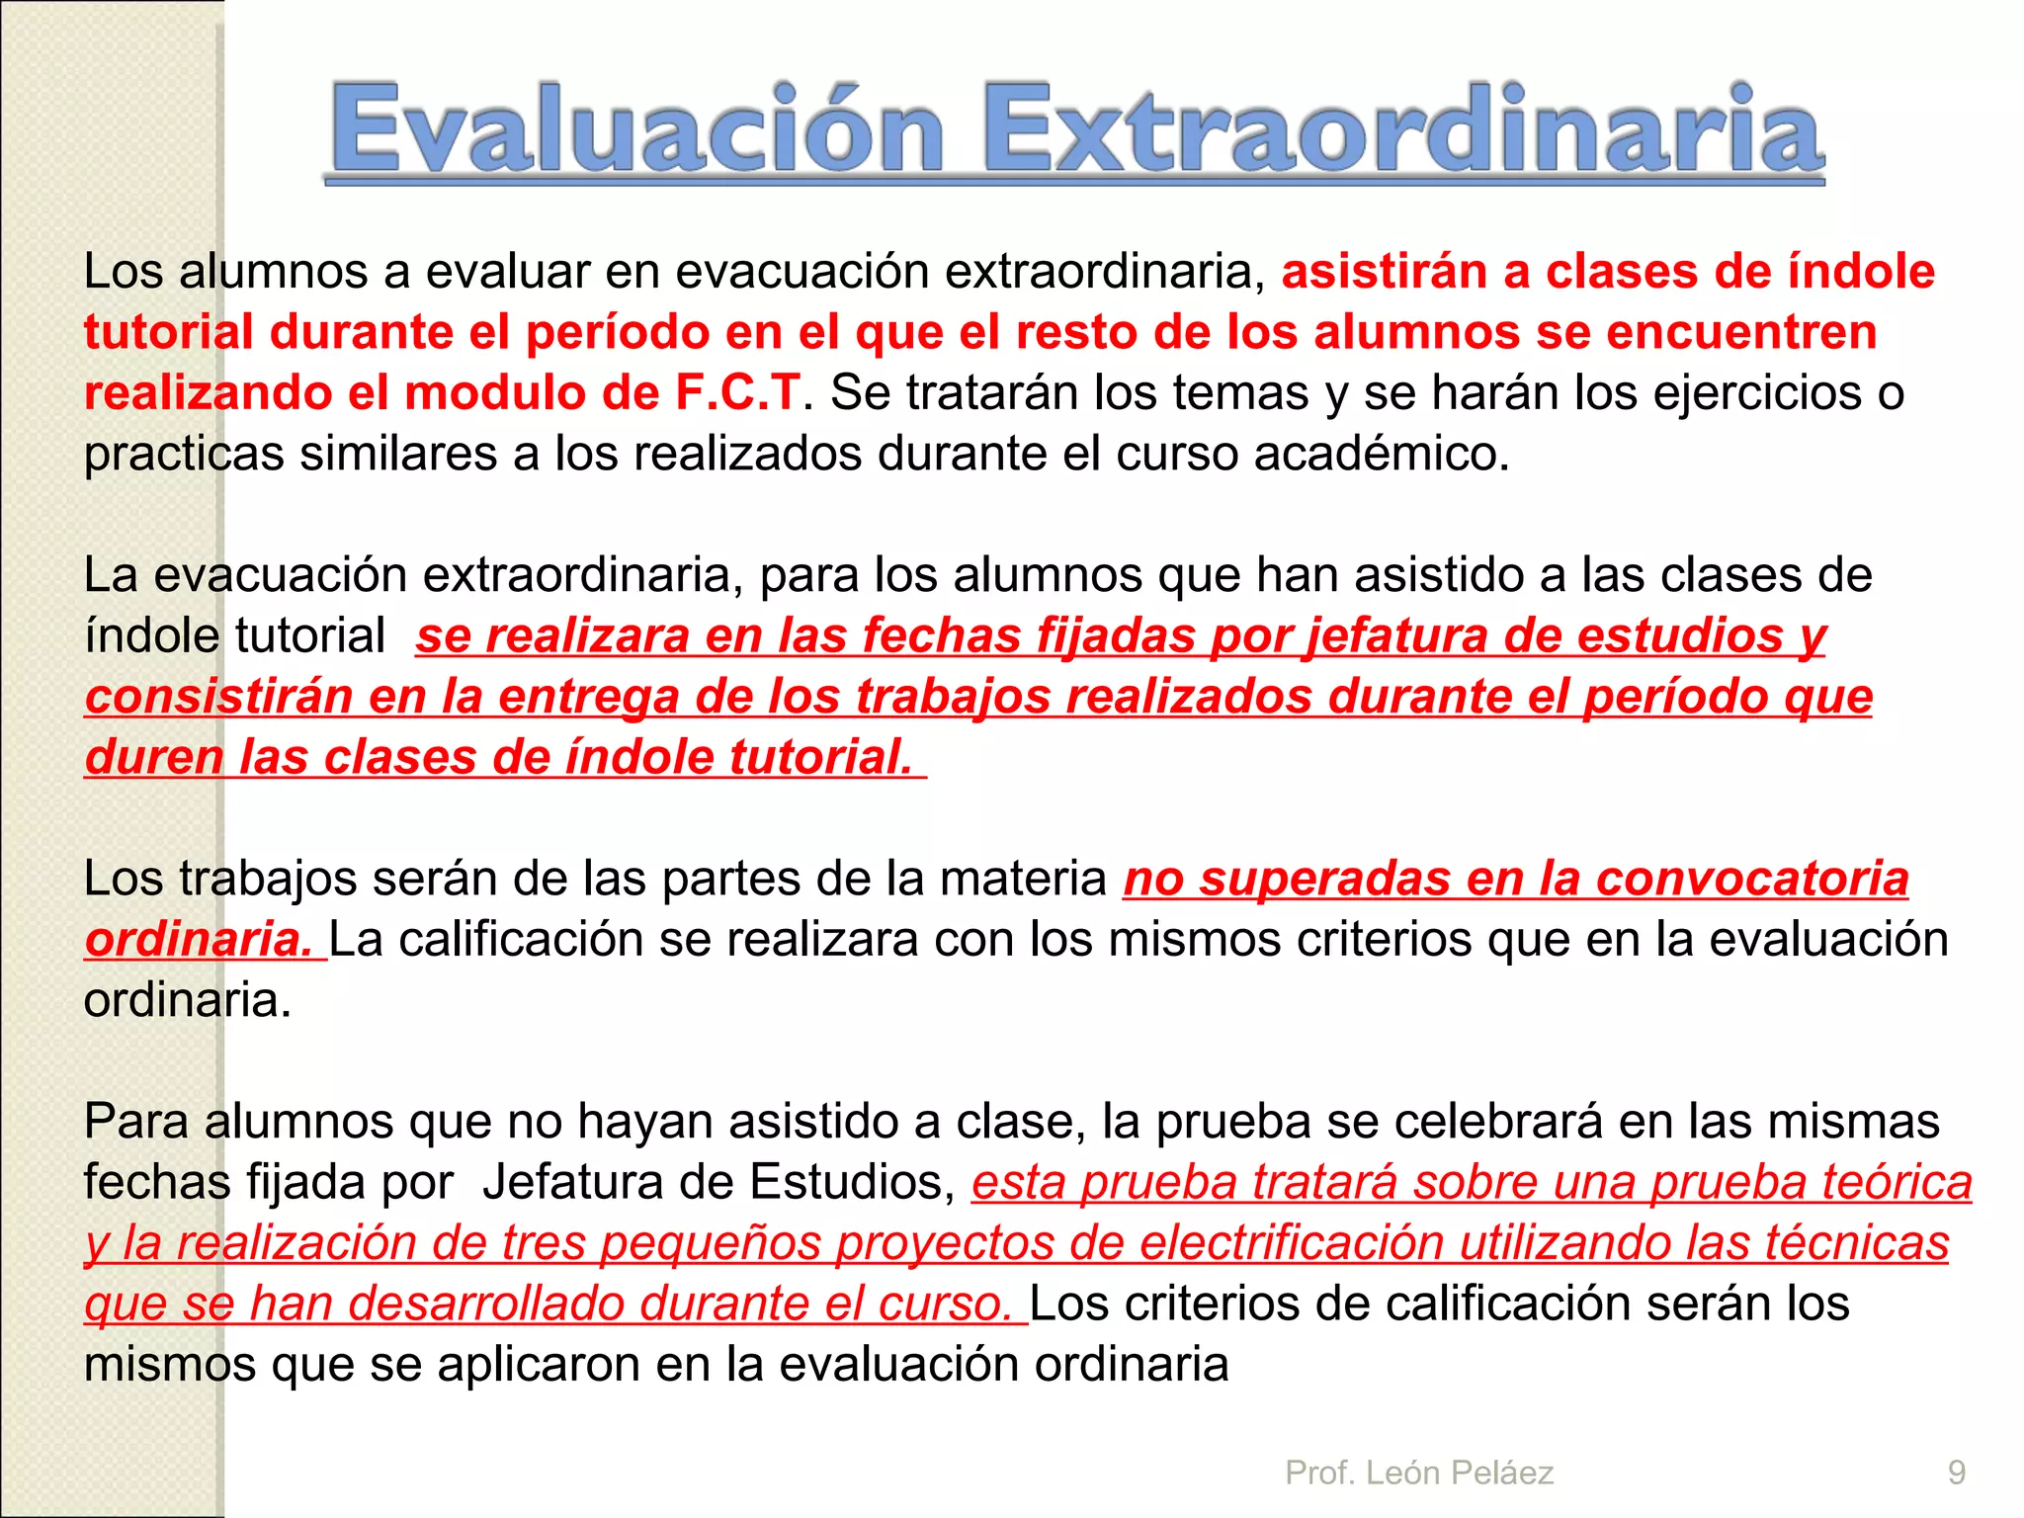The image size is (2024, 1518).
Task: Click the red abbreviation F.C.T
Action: tap(737, 392)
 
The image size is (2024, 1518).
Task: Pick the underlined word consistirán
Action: tap(218, 697)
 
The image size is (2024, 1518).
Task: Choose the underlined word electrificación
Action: tap(1292, 1243)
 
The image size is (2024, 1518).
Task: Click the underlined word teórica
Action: tap(1897, 1183)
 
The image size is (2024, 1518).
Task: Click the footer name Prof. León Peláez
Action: tap(1419, 1473)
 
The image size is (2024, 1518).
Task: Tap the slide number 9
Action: tap(1956, 1473)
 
